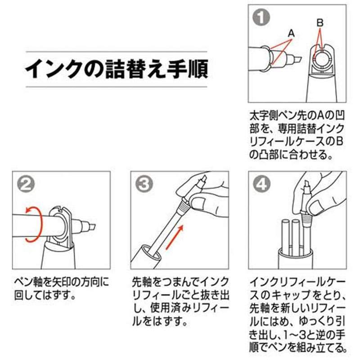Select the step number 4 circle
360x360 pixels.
point(261,184)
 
